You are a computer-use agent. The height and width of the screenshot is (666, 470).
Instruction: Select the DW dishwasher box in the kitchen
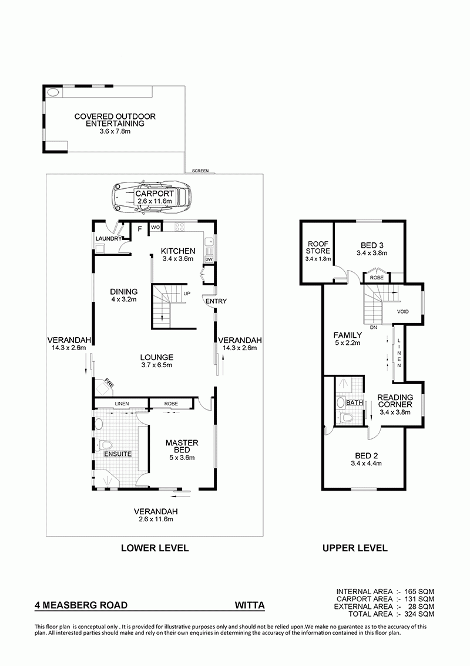click(x=209, y=259)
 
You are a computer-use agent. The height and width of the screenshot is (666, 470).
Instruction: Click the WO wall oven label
click(x=155, y=228)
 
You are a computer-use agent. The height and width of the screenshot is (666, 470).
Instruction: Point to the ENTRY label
click(x=216, y=301)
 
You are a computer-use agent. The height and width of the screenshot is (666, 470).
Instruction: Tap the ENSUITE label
click(x=118, y=454)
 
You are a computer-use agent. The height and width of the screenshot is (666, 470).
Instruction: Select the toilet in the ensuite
click(x=105, y=445)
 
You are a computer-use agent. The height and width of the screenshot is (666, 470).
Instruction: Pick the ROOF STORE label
click(x=318, y=247)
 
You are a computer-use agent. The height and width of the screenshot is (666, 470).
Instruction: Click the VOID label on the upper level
click(x=403, y=312)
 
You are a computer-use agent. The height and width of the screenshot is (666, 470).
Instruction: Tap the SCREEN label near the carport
click(x=200, y=171)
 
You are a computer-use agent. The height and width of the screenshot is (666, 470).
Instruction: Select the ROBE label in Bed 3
click(x=377, y=278)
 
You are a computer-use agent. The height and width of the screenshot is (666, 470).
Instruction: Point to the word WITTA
click(x=250, y=605)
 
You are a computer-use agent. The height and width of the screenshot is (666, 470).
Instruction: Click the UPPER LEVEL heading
click(x=355, y=548)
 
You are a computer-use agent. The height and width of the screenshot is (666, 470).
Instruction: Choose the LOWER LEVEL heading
click(x=155, y=548)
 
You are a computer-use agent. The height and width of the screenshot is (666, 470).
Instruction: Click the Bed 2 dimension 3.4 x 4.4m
click(x=366, y=463)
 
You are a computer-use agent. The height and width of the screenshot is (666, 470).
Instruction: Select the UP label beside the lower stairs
click(x=187, y=294)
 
